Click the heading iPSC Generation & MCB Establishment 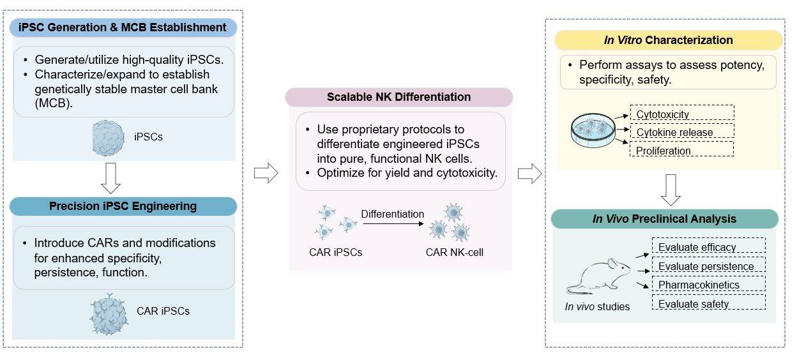coord(124,27)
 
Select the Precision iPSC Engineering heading coord(124,206)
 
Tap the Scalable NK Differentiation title coord(398,97)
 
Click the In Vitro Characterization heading coord(668,40)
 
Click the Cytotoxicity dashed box coord(681,114)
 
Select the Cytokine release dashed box coord(681,132)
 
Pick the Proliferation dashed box coord(681,151)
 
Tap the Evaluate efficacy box coord(708,246)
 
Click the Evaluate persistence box coord(708,266)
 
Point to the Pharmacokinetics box coord(708,284)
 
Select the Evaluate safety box coord(708,303)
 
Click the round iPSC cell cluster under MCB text coord(109,137)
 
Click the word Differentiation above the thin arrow coord(392,214)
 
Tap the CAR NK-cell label coord(455,252)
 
